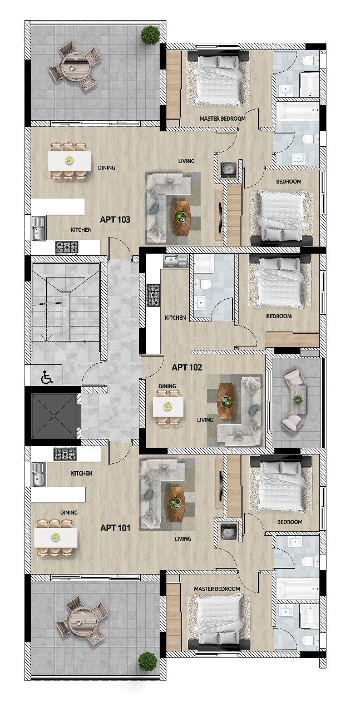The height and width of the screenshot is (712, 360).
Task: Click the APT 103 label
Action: [x=115, y=220]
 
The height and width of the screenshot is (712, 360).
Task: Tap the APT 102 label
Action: [x=186, y=367]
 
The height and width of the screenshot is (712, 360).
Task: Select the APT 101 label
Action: [x=115, y=527]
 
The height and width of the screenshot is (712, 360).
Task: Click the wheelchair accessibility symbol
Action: [x=47, y=378]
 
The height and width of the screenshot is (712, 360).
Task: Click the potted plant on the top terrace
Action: [x=150, y=35]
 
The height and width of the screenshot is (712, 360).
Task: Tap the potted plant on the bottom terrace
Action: [x=148, y=661]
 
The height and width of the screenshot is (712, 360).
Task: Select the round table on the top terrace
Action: [x=73, y=66]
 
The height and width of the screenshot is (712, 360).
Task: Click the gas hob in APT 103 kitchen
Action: [x=67, y=247]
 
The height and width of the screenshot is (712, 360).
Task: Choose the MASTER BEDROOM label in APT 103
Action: [x=222, y=118]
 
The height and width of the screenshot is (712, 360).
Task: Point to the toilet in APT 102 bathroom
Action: [x=204, y=284]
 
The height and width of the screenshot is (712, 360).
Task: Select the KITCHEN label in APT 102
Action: [x=175, y=318]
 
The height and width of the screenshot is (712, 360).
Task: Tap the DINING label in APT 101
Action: [x=69, y=512]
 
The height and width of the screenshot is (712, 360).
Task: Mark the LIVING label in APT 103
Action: [x=186, y=161]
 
